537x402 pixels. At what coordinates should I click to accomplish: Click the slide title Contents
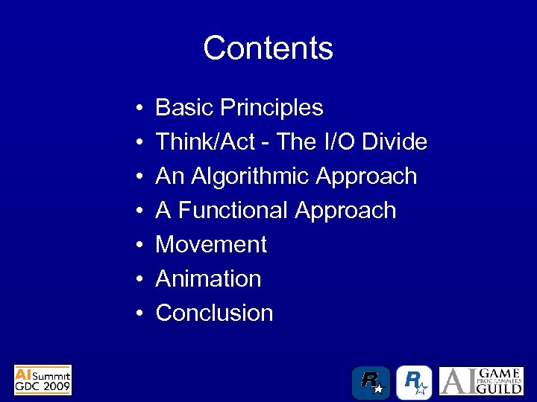tap(268, 48)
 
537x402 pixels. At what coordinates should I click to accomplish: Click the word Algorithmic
tap(251, 176)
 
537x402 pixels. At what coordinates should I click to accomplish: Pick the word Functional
tap(233, 211)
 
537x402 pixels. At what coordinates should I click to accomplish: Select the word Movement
tap(211, 245)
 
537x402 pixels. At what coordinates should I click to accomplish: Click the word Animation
tap(208, 279)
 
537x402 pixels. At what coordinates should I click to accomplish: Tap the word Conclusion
tap(214, 313)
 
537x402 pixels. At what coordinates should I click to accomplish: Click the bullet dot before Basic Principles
tap(140, 109)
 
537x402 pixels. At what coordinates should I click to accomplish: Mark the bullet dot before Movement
tap(140, 246)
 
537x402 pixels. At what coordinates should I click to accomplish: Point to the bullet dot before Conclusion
tap(140, 314)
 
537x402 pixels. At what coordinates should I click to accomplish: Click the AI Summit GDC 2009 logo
tap(43, 380)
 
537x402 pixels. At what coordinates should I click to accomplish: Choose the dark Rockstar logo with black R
tap(371, 381)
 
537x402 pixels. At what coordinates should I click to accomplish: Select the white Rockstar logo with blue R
tap(414, 381)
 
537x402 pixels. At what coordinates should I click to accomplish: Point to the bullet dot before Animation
tap(140, 280)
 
